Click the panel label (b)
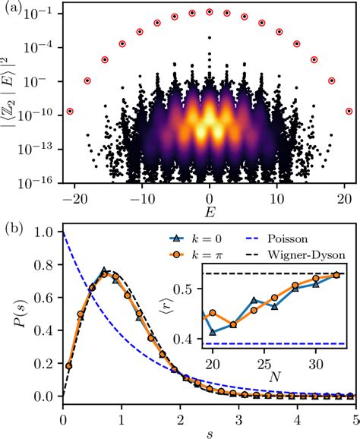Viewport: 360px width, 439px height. pos(11,226)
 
